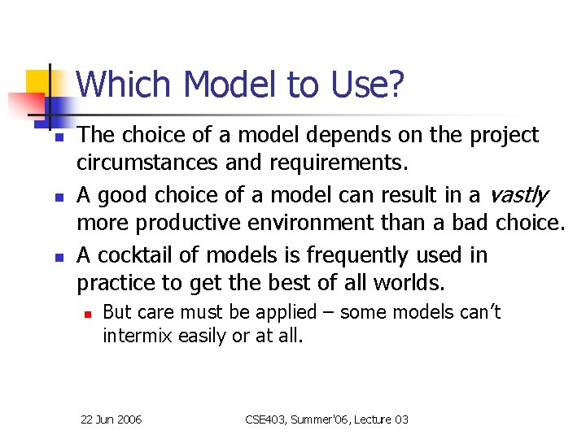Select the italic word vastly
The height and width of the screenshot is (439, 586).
coord(518,195)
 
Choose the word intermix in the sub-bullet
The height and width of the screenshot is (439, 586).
coord(136,335)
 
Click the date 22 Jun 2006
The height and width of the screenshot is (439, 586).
coord(112,419)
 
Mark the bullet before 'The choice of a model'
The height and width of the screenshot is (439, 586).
coord(49,137)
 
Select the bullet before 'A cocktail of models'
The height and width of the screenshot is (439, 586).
coord(49,257)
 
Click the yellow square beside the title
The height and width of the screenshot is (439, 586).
coord(39,84)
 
